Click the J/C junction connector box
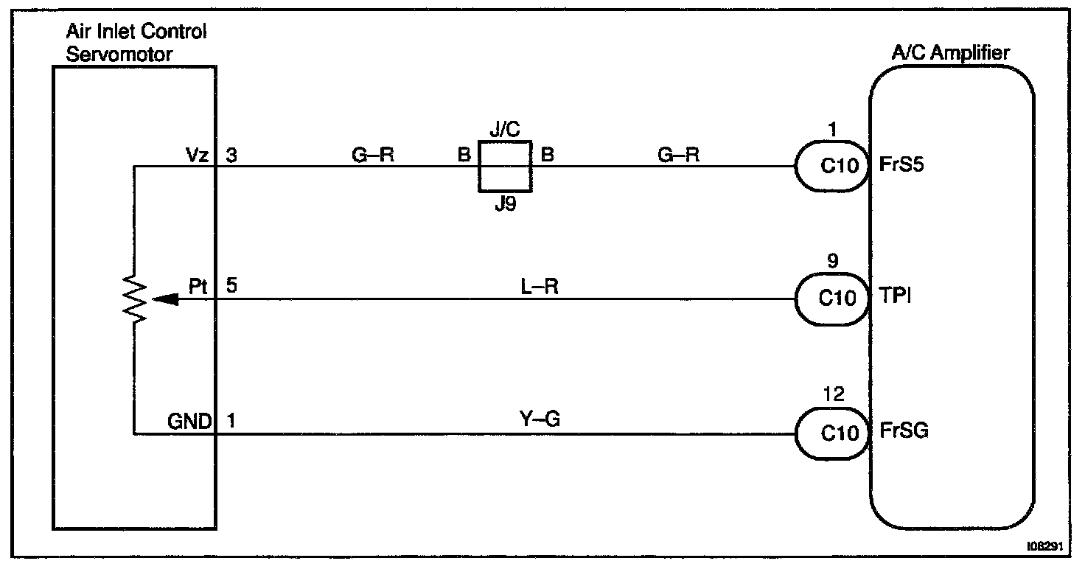pos(505,166)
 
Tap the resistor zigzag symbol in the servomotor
pos(136,299)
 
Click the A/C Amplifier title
pos(950,53)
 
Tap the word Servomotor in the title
pos(119,55)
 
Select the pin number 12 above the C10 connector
pos(834,395)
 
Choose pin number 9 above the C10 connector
pos(834,261)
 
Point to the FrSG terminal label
pos(904,431)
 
